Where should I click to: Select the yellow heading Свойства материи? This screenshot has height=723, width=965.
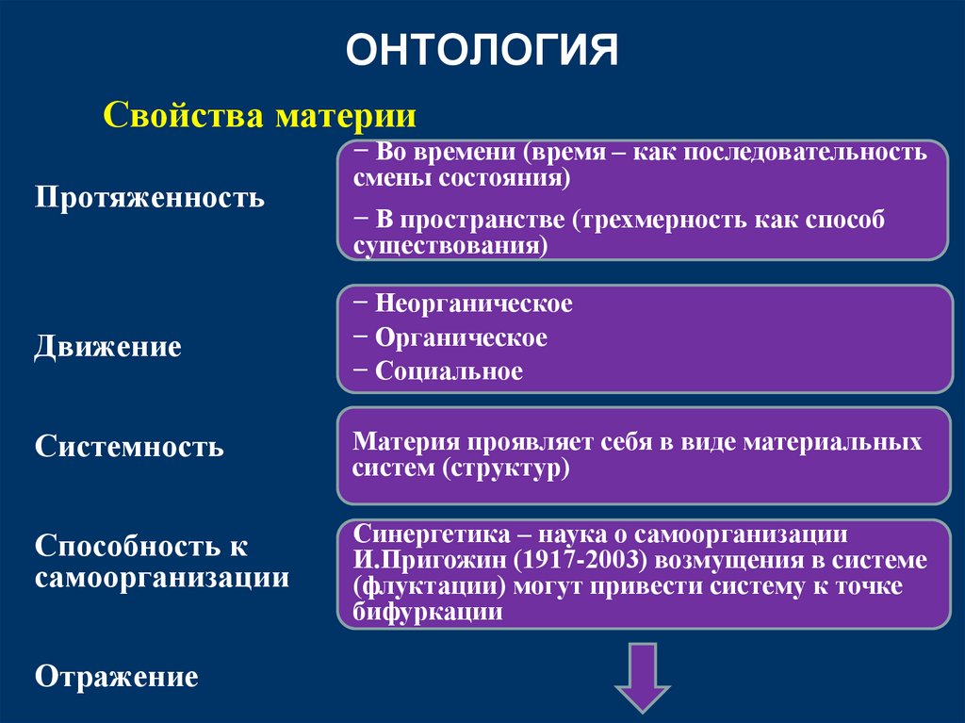(x=259, y=117)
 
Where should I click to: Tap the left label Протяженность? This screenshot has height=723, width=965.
(x=150, y=198)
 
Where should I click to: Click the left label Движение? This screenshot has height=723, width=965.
(x=108, y=347)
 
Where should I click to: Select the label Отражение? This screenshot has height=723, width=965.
(x=117, y=677)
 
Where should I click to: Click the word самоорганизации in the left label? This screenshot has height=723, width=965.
(x=162, y=577)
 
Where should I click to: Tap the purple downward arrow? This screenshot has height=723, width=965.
(x=643, y=677)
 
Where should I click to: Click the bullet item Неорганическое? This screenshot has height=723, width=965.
(x=473, y=304)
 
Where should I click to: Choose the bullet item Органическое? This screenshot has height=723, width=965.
(x=461, y=337)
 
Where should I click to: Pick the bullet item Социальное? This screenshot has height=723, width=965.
(x=449, y=371)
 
